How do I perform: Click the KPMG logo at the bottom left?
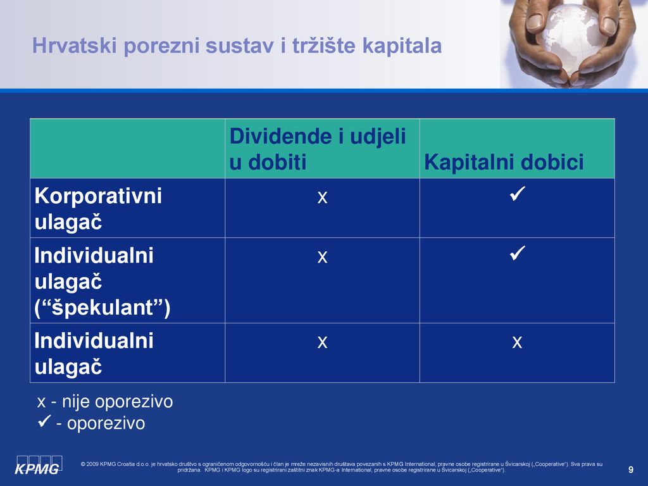39,464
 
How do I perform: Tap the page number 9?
631,470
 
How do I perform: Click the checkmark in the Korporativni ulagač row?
518,194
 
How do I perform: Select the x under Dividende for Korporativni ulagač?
322,197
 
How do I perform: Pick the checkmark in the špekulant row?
518,253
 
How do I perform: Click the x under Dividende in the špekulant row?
322,257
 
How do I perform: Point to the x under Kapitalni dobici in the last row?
517,342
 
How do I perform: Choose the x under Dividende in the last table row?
322,342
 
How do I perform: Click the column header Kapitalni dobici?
504,161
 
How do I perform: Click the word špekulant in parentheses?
102,308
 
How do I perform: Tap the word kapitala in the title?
402,46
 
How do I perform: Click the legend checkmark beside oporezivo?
44,421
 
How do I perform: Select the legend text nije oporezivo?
117,402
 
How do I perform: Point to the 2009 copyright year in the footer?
92,464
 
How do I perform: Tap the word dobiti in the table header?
277,161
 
